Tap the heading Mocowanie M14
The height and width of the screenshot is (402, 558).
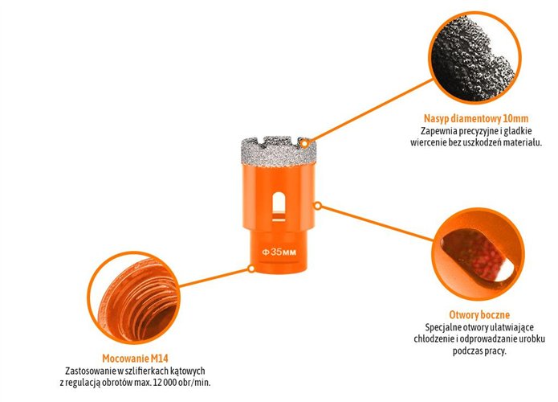pyautogui.click(x=135, y=357)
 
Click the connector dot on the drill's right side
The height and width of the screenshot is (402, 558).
pyautogui.click(x=318, y=206)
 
